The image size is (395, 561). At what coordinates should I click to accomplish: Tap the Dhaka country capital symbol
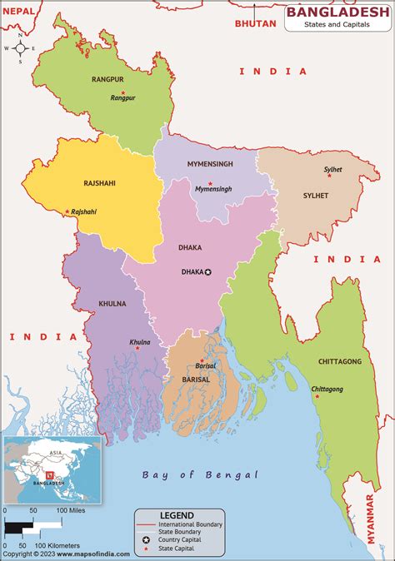(x=209, y=272)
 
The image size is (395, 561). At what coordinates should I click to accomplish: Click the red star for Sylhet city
(x=328, y=176)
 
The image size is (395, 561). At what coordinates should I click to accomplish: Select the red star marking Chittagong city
(x=316, y=396)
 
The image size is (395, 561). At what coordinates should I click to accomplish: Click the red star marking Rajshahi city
(x=67, y=211)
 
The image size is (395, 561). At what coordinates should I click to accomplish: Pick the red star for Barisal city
(x=202, y=360)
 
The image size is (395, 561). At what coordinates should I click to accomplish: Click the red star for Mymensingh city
(x=210, y=182)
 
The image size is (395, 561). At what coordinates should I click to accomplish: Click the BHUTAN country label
(x=255, y=23)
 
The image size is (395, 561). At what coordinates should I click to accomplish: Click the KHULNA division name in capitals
(x=112, y=304)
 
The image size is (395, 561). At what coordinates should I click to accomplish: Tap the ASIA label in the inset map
(x=57, y=454)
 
